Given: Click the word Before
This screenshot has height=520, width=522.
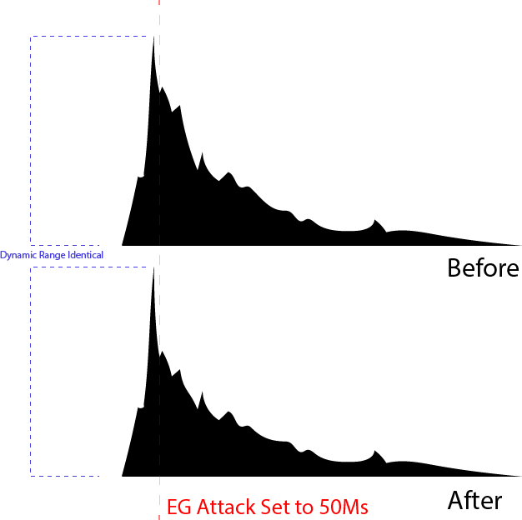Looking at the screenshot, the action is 483,268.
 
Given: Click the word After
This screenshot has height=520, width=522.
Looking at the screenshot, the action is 474,500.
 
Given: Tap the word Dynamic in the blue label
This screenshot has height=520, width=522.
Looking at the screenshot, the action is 18,254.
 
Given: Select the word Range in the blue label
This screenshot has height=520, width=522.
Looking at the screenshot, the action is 49,254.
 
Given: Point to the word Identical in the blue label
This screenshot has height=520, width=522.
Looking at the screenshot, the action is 84,254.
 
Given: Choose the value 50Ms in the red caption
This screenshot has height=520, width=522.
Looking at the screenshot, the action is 343,507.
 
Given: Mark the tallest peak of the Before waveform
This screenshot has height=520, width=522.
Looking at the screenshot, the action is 153,37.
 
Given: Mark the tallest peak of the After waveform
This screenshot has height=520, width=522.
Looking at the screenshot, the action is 153,268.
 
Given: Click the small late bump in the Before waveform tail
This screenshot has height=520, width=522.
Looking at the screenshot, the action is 377,222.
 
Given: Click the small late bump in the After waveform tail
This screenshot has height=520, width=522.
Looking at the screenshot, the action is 377,453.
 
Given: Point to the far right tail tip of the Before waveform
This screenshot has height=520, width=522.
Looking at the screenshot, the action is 520,245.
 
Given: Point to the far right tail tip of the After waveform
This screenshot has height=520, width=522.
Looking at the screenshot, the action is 520,476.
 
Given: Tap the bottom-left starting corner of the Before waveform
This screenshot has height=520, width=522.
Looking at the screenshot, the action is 123,245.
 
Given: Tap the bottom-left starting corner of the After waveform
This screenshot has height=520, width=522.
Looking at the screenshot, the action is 123,476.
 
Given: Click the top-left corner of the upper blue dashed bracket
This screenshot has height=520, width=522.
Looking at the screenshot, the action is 31,37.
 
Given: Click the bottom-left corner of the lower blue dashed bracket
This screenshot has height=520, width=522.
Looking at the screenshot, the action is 31,475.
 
